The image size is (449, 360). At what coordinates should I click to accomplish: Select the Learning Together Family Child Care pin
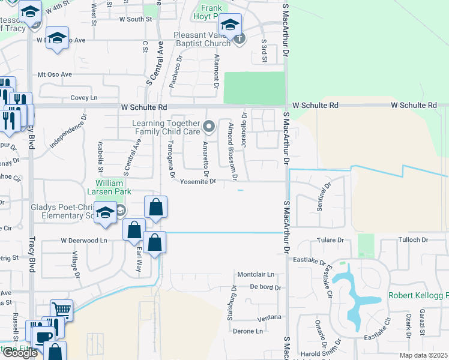click(209, 126)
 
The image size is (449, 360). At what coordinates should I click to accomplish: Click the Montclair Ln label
click(256, 274)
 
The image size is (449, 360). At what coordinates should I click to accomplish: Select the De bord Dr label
click(265, 287)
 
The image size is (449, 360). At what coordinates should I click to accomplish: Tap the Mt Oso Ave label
click(55, 74)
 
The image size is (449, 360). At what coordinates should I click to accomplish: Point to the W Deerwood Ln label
click(83, 241)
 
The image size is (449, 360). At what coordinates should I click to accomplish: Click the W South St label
click(136, 19)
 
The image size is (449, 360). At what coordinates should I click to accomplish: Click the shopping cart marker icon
click(61, 310)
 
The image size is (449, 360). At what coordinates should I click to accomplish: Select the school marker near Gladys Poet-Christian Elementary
click(106, 213)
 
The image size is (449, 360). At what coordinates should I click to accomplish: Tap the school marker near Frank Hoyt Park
click(229, 25)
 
